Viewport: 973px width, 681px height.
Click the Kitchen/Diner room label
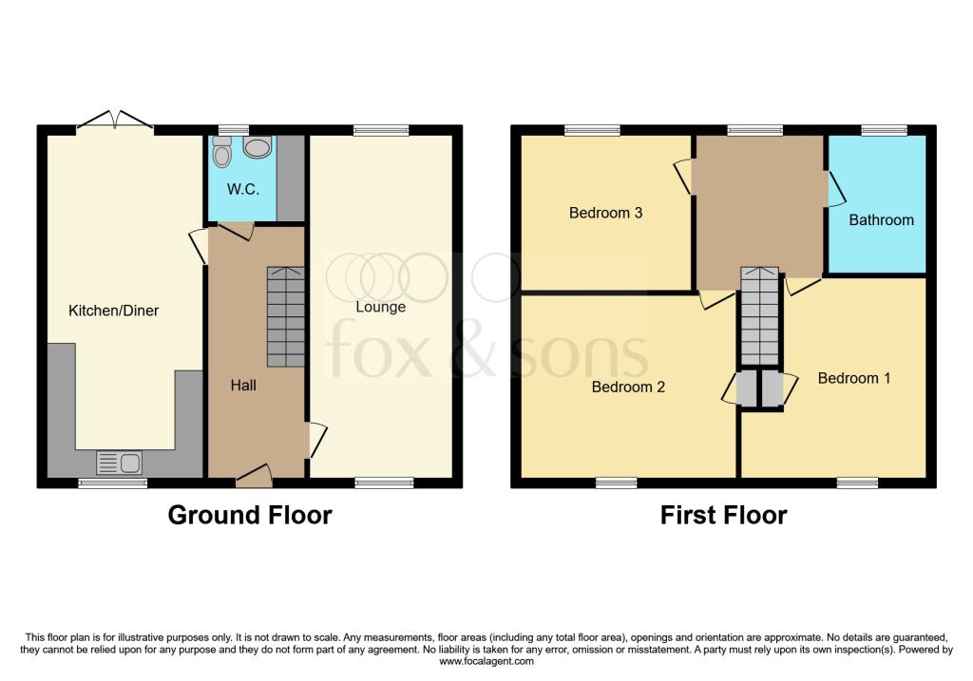113,311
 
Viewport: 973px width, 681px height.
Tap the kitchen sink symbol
119,463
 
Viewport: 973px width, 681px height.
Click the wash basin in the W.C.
257,147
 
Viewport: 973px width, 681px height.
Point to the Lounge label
380,307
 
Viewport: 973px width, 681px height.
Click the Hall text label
242,386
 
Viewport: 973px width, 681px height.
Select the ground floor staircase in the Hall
285,316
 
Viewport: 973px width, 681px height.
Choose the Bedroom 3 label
605,213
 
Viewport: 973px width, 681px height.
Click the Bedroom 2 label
628,387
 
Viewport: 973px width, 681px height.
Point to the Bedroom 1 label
853,378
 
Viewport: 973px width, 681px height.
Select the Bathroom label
881,219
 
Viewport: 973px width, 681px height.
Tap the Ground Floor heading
250,515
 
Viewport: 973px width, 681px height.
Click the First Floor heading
723,515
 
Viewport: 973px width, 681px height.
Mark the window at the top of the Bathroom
884,130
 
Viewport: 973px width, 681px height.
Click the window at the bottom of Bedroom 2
616,482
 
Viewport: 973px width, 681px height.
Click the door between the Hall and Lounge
315,440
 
